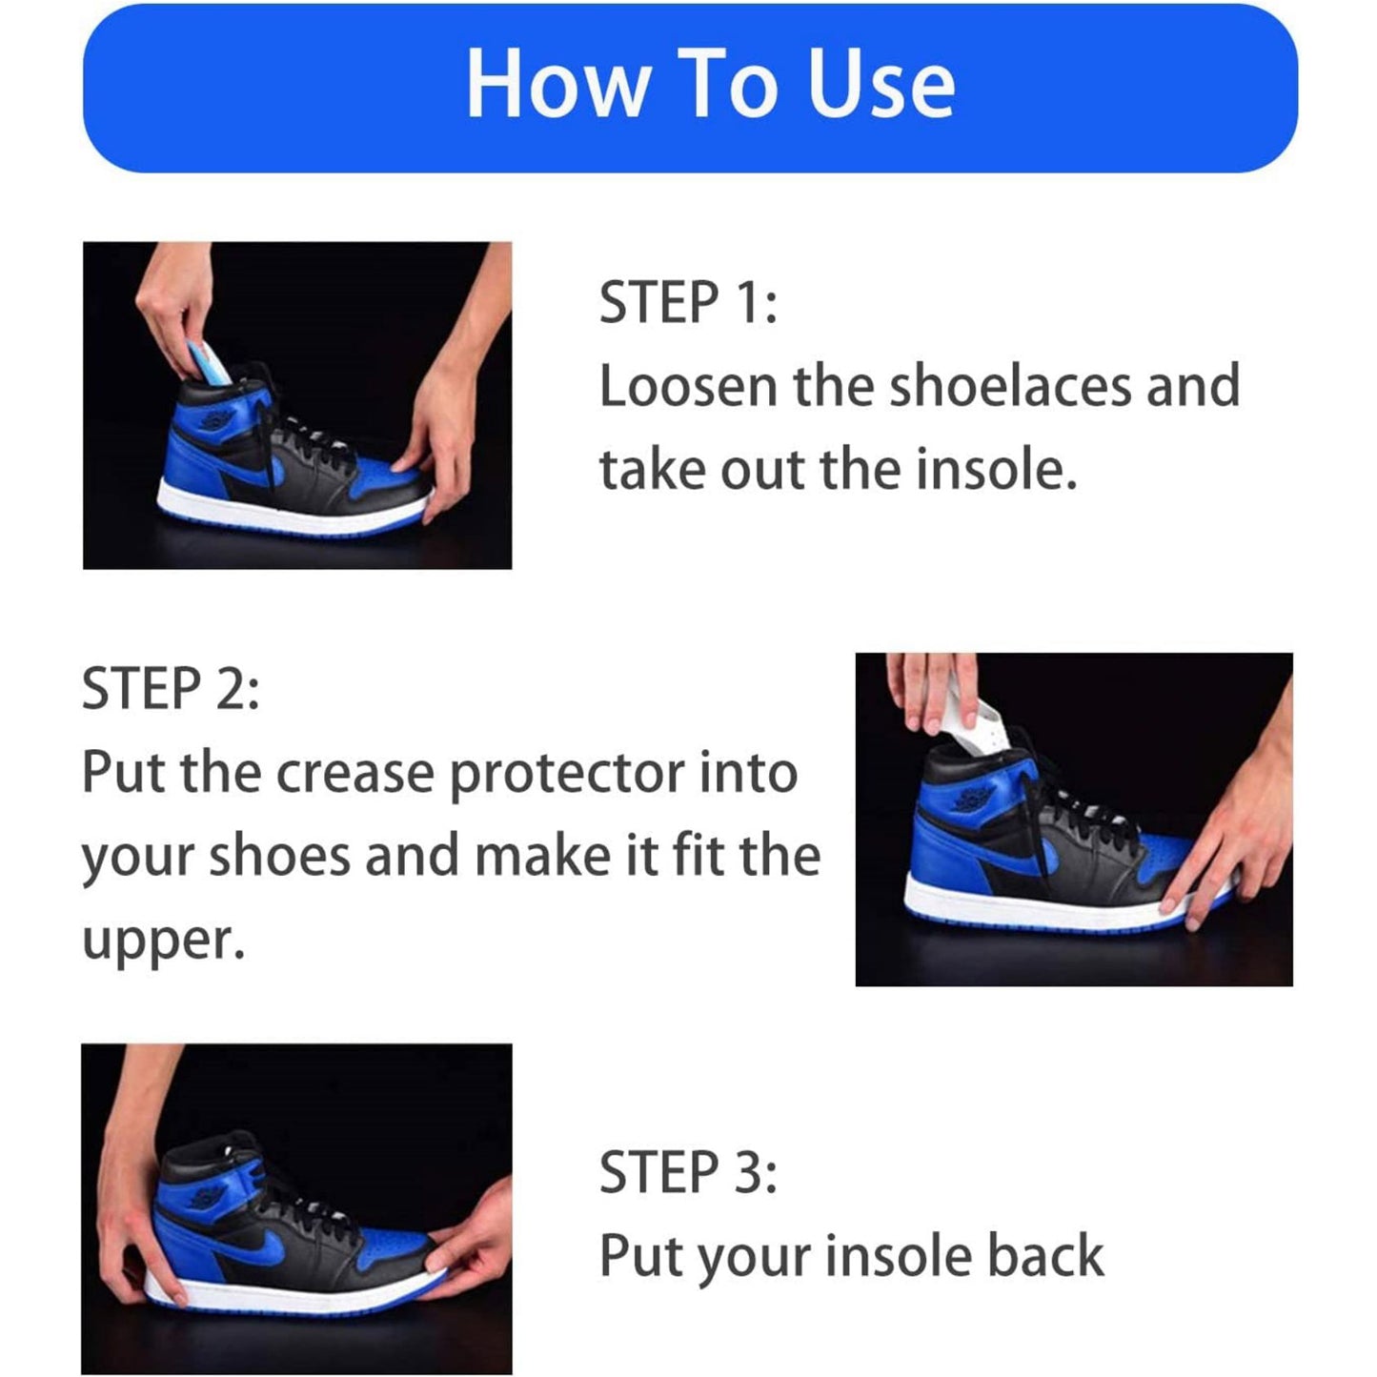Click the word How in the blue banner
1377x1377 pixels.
(557, 84)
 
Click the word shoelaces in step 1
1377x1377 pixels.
(1010, 386)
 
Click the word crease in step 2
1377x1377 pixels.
(354, 773)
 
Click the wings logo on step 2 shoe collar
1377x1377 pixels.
(973, 799)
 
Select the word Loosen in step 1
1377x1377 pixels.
(687, 386)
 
